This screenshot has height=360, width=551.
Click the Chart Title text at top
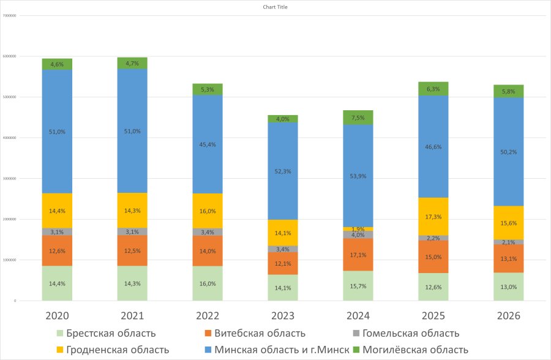(x=275, y=7)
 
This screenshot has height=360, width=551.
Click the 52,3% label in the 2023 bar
(x=283, y=172)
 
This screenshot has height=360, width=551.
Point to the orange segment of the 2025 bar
(x=433, y=257)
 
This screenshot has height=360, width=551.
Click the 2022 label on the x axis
(x=208, y=316)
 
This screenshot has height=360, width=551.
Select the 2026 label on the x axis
(x=508, y=316)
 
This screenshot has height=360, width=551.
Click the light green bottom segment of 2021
(x=132, y=283)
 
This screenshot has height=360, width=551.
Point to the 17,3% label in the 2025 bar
(x=433, y=217)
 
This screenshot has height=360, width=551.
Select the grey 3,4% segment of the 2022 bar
(x=208, y=232)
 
